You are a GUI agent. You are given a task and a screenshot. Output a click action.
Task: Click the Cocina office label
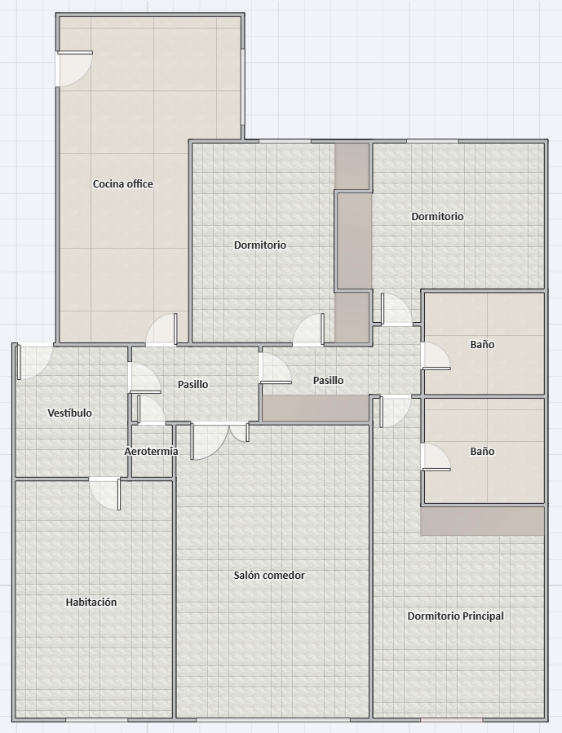tap(123, 183)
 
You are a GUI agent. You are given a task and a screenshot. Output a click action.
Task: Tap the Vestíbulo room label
tap(69, 413)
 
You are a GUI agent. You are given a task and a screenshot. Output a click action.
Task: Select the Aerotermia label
tap(151, 451)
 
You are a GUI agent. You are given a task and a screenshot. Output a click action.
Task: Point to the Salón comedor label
tap(269, 575)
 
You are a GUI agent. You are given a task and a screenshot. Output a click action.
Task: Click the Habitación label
tap(91, 602)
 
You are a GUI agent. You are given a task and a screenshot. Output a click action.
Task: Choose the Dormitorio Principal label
tap(456, 616)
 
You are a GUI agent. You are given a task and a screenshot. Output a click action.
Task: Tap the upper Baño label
tap(482, 345)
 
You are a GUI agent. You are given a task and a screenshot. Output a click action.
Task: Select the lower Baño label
tap(482, 451)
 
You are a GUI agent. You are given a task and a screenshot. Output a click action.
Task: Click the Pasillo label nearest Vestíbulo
tap(193, 384)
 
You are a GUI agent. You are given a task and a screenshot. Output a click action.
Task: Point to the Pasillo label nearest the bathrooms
tap(328, 381)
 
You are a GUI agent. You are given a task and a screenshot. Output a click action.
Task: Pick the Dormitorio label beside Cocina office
tap(260, 245)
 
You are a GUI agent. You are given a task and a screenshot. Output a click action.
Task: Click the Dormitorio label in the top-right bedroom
tap(438, 216)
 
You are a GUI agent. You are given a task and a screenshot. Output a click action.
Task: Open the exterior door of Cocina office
tap(74, 68)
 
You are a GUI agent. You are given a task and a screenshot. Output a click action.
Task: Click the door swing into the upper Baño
tap(436, 356)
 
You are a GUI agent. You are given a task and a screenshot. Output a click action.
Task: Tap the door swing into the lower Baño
tap(436, 457)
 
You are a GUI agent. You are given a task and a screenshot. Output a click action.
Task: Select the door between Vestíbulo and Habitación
tap(104, 493)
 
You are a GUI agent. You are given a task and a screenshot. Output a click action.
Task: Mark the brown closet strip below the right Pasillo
tap(316, 408)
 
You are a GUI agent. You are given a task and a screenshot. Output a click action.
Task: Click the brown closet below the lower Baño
tap(483, 521)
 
